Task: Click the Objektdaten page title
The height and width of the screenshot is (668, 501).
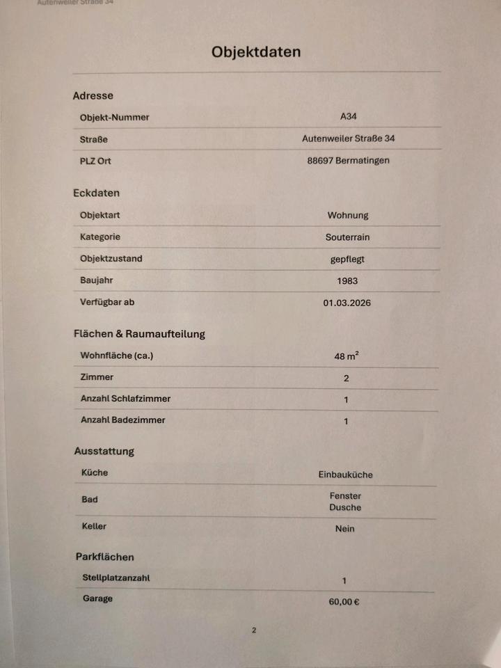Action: tap(256, 52)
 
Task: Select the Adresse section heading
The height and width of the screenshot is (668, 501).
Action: tap(93, 96)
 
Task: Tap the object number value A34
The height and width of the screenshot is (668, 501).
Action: tap(349, 117)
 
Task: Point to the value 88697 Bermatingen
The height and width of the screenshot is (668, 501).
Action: tap(348, 161)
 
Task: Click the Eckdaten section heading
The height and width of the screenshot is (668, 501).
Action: tap(96, 193)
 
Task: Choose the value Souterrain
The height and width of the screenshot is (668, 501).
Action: tap(347, 237)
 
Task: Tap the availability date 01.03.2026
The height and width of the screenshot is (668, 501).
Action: tap(347, 303)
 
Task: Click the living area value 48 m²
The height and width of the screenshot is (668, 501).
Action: tap(347, 356)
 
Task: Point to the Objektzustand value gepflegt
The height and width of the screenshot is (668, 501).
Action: tap(347, 259)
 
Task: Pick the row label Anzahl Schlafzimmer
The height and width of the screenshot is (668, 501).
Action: tap(125, 399)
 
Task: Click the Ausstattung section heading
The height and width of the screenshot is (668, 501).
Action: tap(104, 451)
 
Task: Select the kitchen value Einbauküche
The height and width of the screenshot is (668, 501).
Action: tap(345, 475)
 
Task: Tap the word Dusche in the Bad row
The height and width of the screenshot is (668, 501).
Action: tap(345, 507)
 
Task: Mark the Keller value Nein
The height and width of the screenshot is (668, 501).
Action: tap(344, 529)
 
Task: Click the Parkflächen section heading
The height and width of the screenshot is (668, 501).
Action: tap(104, 557)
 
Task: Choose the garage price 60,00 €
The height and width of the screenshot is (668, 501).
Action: tap(344, 602)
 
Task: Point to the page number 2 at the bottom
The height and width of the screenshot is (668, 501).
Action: tap(254, 630)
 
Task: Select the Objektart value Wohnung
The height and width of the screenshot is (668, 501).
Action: tap(348, 216)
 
